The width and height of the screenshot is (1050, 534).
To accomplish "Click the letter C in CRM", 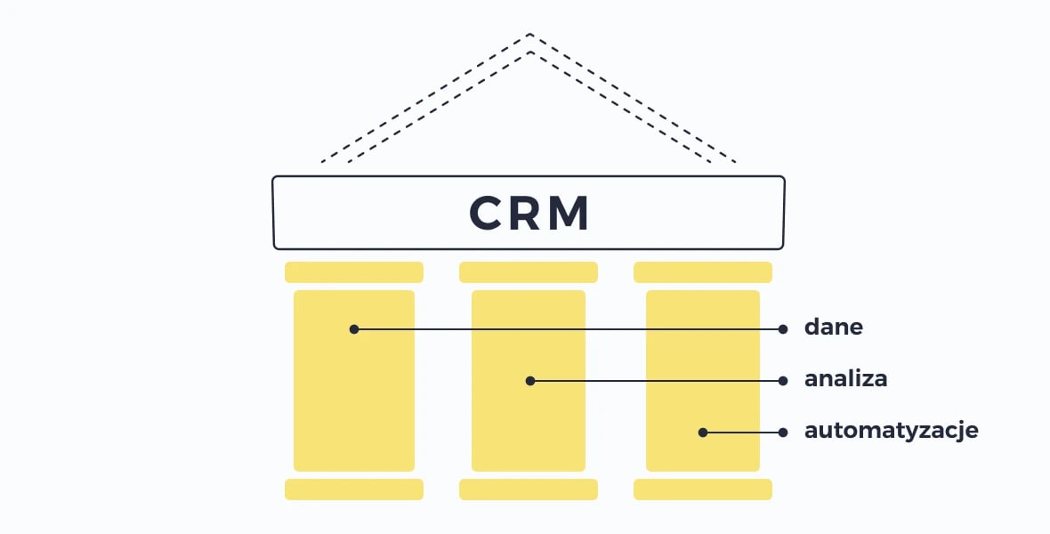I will point(491,214).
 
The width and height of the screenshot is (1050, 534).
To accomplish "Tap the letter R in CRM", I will point(529,214).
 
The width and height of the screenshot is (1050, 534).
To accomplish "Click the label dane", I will point(834,328).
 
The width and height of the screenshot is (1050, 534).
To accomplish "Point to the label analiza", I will point(846,379).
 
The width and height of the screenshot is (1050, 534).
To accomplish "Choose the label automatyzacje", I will point(892,431).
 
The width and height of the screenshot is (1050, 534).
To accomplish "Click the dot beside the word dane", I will point(783,328).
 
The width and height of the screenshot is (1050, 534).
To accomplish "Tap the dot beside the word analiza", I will point(783,380).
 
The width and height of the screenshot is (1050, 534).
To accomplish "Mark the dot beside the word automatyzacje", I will point(783,433).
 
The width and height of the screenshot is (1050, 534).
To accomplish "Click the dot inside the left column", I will point(354,328).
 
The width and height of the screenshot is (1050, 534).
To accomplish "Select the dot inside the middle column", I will point(530,380).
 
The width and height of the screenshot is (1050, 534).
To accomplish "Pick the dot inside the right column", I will point(703,433).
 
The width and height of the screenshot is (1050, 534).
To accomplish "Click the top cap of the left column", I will point(354,272).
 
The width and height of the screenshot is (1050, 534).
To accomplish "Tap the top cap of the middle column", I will point(529,272).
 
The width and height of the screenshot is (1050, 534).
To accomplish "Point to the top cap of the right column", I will point(703,272).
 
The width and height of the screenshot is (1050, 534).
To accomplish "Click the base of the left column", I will point(354,489).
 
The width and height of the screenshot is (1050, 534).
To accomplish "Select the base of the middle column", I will point(529,489).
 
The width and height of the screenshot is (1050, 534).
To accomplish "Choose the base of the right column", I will point(703,489).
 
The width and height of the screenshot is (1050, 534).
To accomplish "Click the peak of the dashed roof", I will point(529,36).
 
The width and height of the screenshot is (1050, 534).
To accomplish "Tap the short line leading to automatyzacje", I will point(743,433).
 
